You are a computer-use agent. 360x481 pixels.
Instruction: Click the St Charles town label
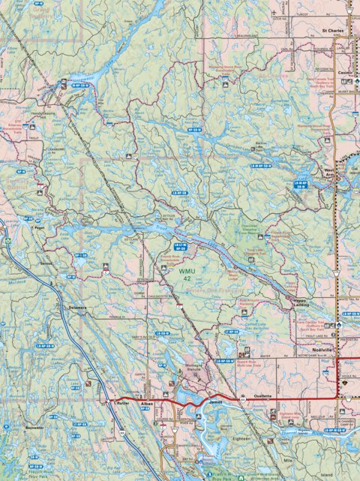[x=331, y=32]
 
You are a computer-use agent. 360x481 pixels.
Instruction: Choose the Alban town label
[x=146, y=403]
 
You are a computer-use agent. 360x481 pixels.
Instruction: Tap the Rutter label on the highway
[x=123, y=403]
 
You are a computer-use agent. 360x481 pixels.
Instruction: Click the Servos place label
[x=46, y=263]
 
